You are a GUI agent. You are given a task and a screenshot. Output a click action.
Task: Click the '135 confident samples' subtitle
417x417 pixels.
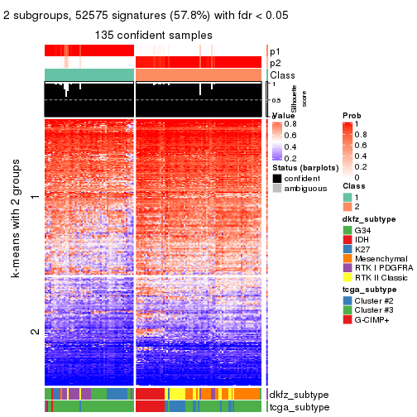point(153,36)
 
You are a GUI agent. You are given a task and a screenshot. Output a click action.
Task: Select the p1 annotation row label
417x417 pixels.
point(276,51)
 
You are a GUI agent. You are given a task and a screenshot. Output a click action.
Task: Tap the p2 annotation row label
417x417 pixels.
point(276,63)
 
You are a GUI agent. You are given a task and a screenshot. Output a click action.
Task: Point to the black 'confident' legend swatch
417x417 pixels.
point(276,178)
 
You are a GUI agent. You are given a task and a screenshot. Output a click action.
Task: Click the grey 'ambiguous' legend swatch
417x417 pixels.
point(276,189)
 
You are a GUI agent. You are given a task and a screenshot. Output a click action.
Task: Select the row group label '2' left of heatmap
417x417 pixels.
point(34,332)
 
